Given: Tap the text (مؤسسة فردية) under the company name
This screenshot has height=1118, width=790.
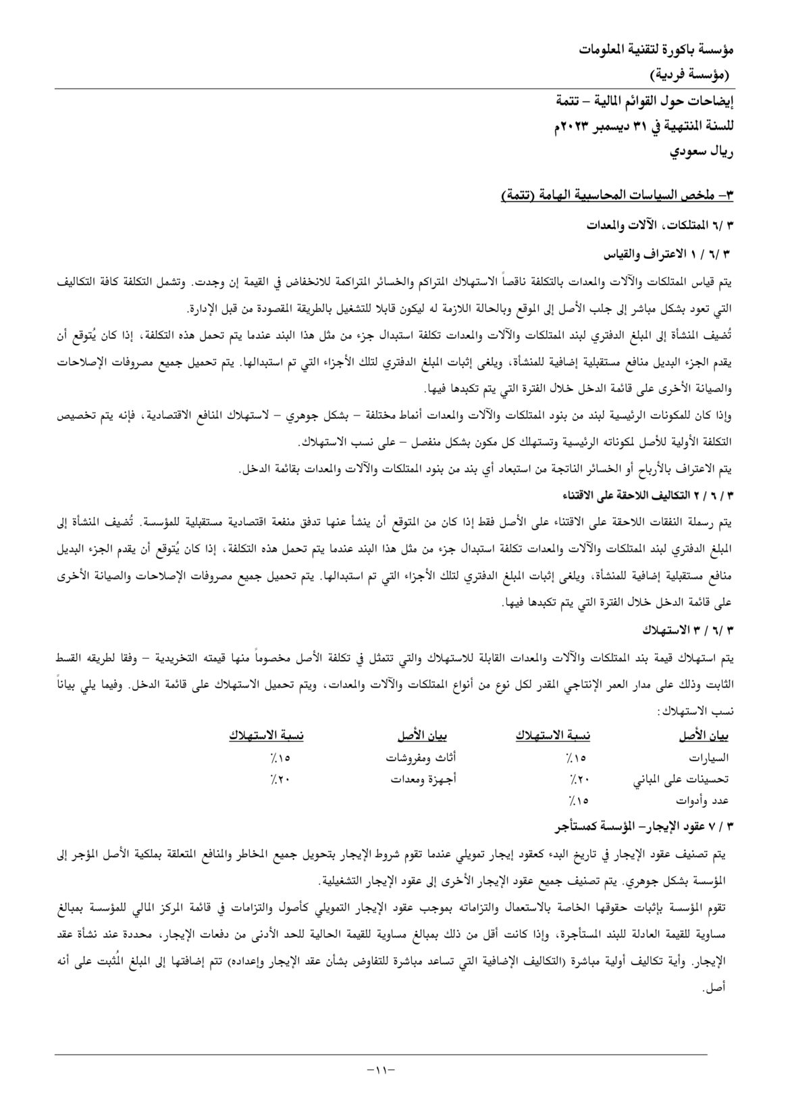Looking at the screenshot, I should pyautogui.click(x=690, y=73).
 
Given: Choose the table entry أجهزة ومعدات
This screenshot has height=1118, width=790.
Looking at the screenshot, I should pyautogui.click(x=423, y=779).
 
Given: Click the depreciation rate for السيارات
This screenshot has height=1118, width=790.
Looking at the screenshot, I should pyautogui.click(x=579, y=758).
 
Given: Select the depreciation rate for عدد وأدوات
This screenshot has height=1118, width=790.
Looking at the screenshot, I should pyautogui.click(x=579, y=801).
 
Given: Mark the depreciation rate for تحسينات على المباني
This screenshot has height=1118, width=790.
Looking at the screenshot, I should pyautogui.click(x=579, y=779).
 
